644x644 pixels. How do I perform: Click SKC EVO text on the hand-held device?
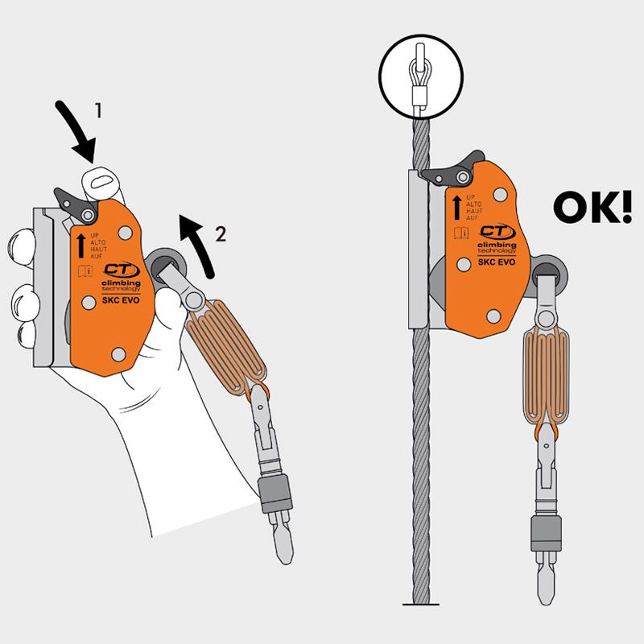click(x=108, y=301)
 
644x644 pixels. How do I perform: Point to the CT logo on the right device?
click(x=493, y=231)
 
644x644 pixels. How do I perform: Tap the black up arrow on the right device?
click(x=456, y=207)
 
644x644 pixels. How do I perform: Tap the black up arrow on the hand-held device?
click(x=80, y=243)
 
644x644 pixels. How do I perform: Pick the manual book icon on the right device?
click(x=456, y=233)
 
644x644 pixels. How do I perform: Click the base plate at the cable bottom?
click(x=419, y=604)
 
